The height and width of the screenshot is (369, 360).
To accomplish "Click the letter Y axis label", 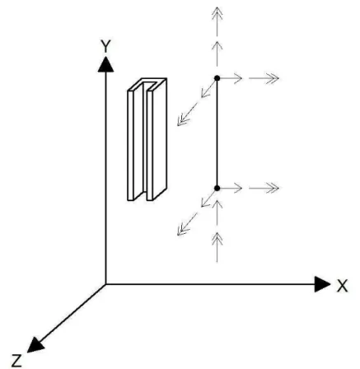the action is coord(105,46).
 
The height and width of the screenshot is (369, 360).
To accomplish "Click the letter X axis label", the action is coord(342,286).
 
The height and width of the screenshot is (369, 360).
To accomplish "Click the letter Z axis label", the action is coord(16,361).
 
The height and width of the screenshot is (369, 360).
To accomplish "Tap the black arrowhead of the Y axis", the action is coord(105,64).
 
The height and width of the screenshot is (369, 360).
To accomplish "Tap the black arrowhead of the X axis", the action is coord(322,284).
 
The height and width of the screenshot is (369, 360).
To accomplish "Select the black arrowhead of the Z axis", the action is coord(35,344).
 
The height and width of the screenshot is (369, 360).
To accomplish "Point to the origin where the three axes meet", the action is coord(105,284).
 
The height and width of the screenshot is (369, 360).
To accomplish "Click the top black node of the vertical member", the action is coord(217,78).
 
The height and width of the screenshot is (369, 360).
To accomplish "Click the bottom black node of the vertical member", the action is coord(217,188).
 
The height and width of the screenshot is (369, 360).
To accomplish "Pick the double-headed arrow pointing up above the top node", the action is coord(217,21).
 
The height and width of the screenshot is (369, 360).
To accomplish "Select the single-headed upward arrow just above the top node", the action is coord(217,54).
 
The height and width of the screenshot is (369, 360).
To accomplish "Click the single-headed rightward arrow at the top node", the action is coord(231,78).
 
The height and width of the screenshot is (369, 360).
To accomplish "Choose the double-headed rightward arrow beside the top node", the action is coord(264,78).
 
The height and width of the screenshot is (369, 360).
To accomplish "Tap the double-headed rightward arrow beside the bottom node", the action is coord(264,189).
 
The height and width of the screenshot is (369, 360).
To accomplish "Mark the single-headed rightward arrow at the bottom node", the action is coord(231,189).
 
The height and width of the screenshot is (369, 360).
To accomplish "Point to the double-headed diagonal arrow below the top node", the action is coord(187,114).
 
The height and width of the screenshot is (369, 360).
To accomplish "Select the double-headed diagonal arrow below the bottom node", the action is coord(187,224).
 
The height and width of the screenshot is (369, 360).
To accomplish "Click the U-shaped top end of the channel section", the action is coord(147,84).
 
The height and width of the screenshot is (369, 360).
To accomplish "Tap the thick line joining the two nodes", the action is coord(217,133).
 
